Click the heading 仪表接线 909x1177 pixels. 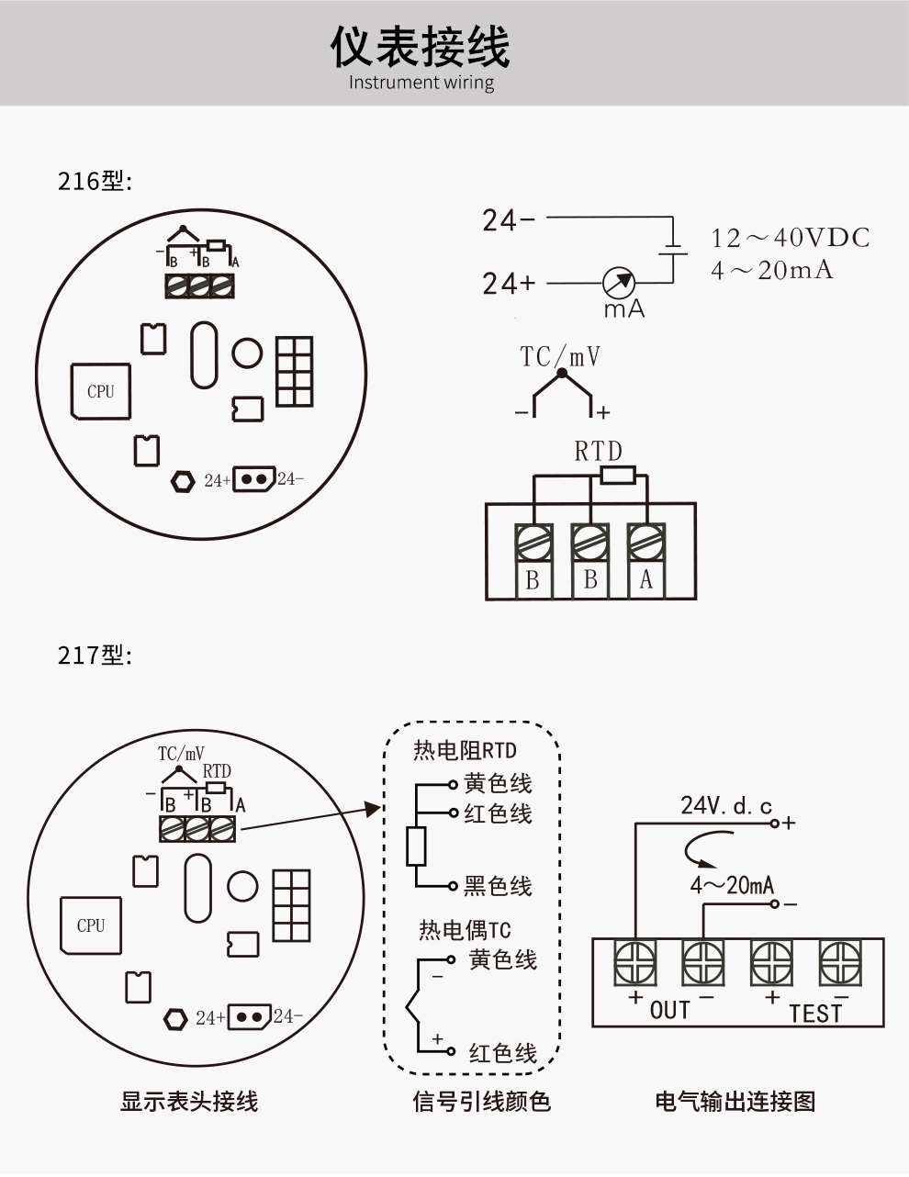coord(421,46)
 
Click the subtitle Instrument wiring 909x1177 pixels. coord(421,83)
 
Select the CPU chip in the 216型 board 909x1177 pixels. coord(100,391)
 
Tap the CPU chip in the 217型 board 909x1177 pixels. coord(90,925)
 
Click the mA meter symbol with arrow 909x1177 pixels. coord(619,283)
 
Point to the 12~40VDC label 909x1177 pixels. coord(790,238)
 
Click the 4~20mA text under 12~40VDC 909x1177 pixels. coord(772,270)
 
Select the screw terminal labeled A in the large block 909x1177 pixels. coord(646,543)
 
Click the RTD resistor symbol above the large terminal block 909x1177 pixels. coord(617,475)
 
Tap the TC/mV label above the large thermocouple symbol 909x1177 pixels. coord(560,355)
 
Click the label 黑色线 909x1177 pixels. coord(498,886)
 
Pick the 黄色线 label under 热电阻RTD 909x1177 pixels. coord(498,784)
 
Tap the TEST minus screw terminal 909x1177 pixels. coord(840,963)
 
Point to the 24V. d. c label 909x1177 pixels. coord(725,806)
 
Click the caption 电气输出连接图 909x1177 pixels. coord(735,1101)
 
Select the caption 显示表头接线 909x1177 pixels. coord(189,1101)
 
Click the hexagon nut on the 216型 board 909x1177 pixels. coord(184,479)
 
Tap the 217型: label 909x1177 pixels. coord(95,656)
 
